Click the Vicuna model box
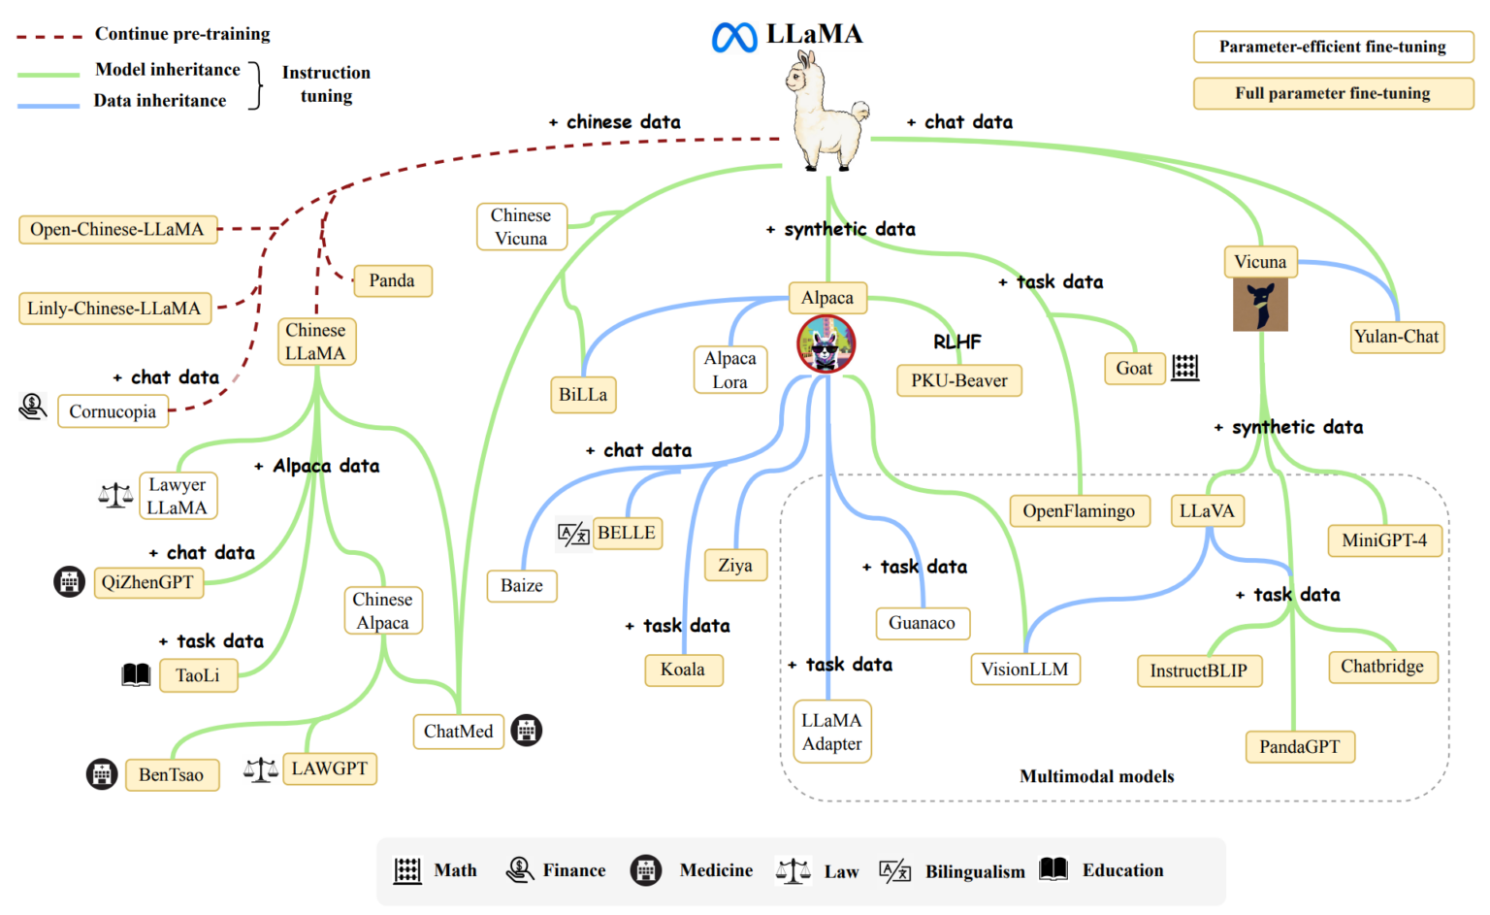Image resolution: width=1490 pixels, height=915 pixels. (1259, 262)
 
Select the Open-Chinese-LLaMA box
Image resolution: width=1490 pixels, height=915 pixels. (117, 230)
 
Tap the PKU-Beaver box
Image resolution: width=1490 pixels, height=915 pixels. (958, 380)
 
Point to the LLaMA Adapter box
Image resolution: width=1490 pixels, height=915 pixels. (831, 733)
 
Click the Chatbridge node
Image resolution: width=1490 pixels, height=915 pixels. (1381, 667)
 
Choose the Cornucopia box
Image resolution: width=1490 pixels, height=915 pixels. (113, 411)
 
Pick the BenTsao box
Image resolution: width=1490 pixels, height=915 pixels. (171, 774)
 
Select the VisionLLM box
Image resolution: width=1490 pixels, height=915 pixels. (1024, 670)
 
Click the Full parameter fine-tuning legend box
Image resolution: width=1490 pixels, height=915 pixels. (1332, 93)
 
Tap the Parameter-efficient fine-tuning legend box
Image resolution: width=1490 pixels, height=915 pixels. (1332, 47)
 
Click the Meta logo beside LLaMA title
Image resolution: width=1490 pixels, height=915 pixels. (734, 37)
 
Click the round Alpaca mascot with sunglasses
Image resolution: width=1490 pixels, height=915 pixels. (826, 344)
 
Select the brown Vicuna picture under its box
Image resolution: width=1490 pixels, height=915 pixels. (1260, 305)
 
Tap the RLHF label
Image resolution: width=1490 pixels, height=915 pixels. (956, 342)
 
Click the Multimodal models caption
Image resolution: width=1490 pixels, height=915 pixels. (1096, 776)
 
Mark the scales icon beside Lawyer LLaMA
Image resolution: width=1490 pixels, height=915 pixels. (115, 496)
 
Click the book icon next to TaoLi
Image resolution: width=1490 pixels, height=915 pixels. (136, 675)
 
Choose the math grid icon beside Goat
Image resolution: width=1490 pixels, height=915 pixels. (1184, 368)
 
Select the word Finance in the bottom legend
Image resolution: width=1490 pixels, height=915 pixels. (573, 870)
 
